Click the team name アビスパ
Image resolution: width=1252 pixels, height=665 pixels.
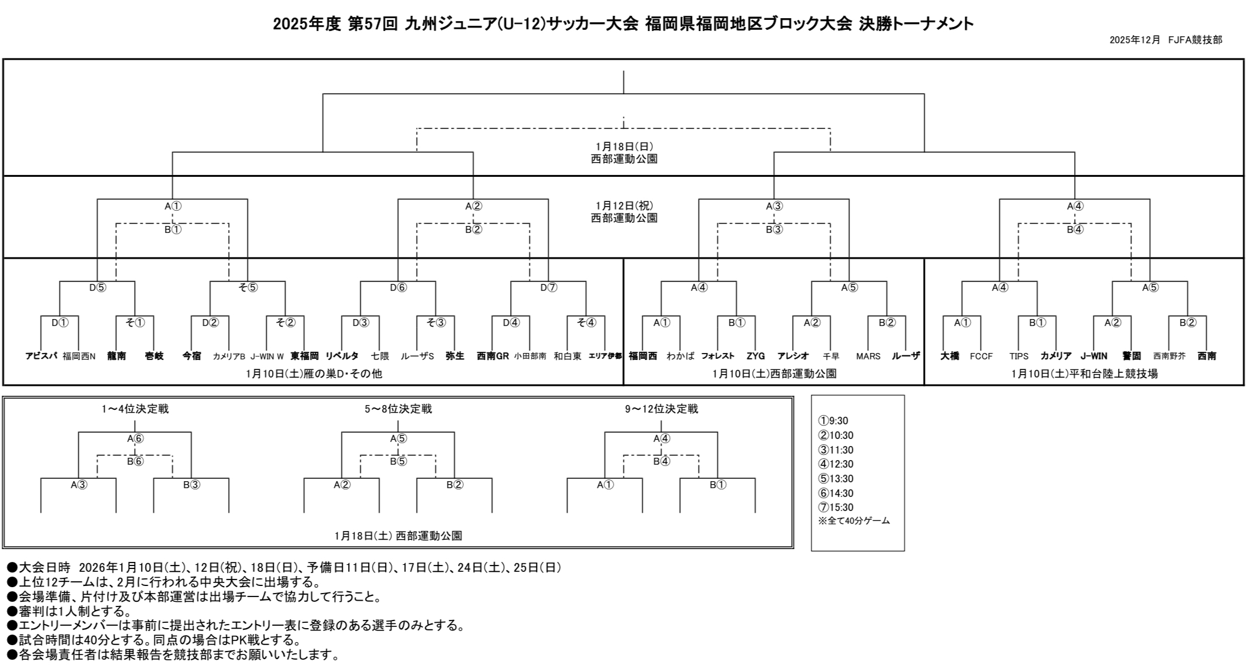pos(41,356)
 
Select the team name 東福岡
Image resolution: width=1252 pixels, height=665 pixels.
pos(304,356)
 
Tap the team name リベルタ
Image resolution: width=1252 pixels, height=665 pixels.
pos(342,356)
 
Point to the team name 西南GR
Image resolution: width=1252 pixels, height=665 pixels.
pos(493,356)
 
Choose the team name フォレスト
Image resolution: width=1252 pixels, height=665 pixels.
pos(718,356)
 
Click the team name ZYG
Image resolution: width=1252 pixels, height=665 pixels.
pos(755,356)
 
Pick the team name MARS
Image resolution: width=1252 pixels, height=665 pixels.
pos(868,356)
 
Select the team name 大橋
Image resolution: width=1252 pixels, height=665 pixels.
pos(950,356)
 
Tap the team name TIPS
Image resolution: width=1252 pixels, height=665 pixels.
pos(1019,356)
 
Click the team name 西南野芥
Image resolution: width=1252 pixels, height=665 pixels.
pos(1169,356)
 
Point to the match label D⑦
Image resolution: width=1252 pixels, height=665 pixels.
pos(548,287)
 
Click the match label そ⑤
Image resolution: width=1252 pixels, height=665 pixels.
pos(247,287)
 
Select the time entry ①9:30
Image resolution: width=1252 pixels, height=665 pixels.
pos(833,421)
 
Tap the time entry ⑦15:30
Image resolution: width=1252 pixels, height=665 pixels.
pos(835,508)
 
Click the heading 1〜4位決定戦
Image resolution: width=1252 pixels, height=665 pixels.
pos(135,409)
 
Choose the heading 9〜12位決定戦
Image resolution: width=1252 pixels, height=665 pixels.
pos(661,409)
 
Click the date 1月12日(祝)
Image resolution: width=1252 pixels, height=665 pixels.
pos(624,205)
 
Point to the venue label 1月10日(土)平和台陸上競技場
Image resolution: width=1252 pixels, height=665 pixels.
pos(1084,373)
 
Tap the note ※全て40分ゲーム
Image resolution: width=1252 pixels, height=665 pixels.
pos(854,521)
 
